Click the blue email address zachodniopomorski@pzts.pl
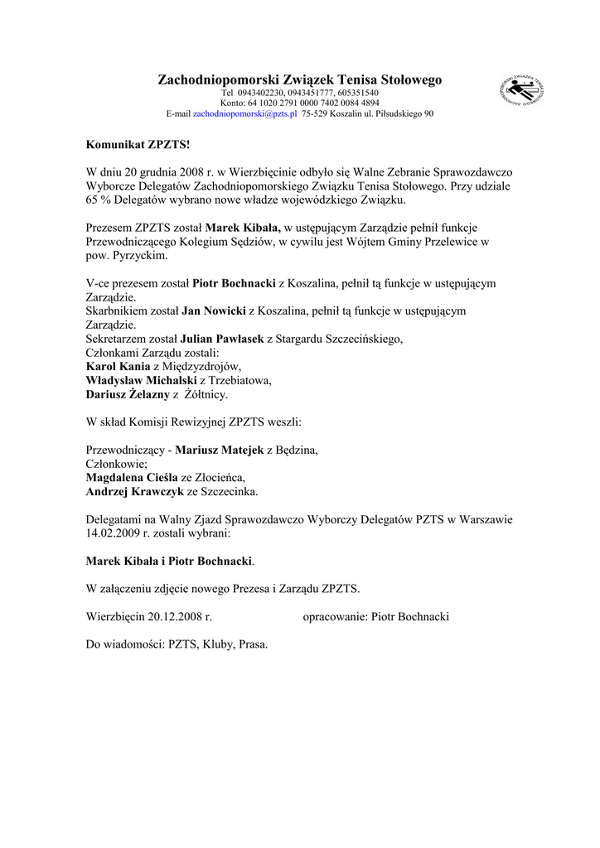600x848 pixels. click(x=244, y=114)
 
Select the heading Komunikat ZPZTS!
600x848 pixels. click(x=138, y=144)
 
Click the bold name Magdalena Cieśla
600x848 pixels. click(x=132, y=478)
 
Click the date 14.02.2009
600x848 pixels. click(x=114, y=534)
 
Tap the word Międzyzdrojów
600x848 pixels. click(x=203, y=368)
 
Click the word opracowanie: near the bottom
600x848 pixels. click(x=335, y=617)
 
